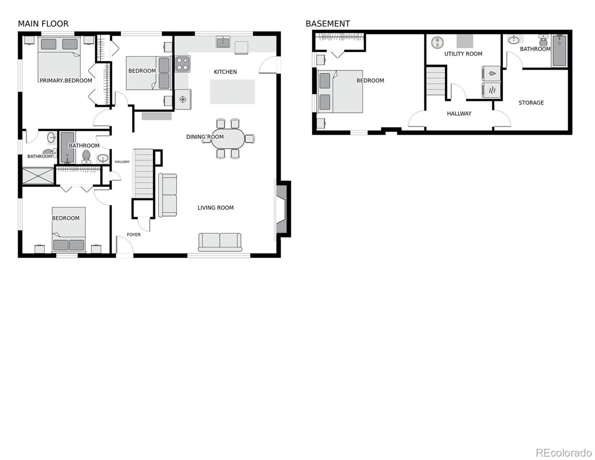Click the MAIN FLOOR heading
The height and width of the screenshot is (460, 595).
43,24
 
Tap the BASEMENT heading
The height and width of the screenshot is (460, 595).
328,24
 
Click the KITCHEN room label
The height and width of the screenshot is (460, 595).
225,72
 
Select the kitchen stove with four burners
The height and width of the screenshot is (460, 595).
183,64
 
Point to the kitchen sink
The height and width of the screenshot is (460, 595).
223,42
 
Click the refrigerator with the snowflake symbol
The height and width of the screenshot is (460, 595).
183,99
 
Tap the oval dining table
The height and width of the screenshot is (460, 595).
228,138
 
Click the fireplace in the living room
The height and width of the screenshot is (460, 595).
282,209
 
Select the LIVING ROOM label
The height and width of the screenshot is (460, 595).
215,208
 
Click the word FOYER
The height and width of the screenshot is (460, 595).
134,235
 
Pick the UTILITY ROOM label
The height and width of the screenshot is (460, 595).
463,54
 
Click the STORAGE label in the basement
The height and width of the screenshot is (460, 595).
531,103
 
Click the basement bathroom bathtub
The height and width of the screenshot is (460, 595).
559,51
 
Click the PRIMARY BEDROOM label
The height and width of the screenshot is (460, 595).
66,80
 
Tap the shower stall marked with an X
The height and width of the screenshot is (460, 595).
38,176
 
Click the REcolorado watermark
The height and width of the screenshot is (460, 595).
564,452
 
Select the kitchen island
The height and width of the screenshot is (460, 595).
232,92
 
